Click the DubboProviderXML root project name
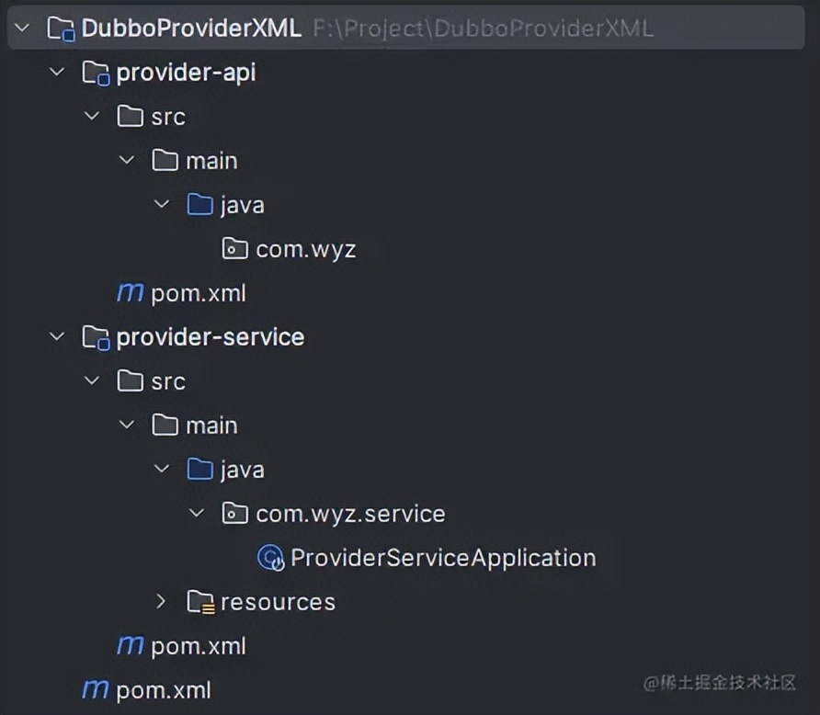[x=190, y=28]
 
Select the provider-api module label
[x=186, y=73]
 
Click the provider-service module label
[x=210, y=337]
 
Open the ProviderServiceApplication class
[x=442, y=558]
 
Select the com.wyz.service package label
[x=350, y=514]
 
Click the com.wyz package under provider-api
[x=305, y=249]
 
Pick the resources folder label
[x=278, y=602]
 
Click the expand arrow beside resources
[x=162, y=602]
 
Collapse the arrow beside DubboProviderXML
[x=22, y=28]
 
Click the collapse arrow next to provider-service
[x=57, y=337]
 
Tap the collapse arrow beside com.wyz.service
[x=197, y=514]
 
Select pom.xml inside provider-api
[x=198, y=293]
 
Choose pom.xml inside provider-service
[x=198, y=646]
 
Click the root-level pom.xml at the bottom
[x=163, y=690]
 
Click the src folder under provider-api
[x=168, y=117]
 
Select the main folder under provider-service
[x=211, y=426]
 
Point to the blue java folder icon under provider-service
[x=200, y=470]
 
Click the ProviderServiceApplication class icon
[x=271, y=558]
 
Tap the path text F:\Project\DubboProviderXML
[x=483, y=28]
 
